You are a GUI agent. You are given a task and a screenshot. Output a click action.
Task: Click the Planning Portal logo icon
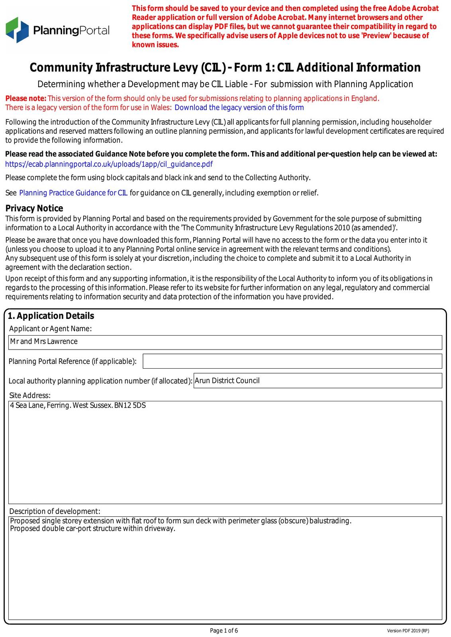tap(17, 29)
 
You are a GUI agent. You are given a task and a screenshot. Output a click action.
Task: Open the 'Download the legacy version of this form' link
tap(239, 107)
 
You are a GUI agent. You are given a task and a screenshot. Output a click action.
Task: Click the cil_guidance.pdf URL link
tap(109, 164)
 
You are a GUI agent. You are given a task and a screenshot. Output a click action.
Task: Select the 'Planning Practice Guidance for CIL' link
tap(73, 193)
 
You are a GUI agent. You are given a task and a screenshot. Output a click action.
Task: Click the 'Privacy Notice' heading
tap(34, 208)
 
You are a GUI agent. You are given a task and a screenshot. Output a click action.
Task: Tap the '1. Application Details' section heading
tap(51, 316)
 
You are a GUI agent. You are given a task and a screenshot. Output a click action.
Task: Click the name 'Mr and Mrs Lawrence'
tap(44, 342)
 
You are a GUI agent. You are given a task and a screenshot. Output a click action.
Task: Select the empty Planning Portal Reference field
tap(292, 361)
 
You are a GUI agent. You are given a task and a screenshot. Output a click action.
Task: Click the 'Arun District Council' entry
tap(227, 381)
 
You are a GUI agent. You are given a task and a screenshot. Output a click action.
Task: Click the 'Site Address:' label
tap(30, 395)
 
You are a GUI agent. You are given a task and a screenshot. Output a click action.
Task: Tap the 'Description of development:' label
tap(55, 511)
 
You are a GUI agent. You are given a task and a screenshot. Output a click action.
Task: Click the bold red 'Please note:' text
tap(26, 98)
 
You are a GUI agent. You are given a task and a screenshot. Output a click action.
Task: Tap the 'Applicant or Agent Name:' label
tap(50, 328)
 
